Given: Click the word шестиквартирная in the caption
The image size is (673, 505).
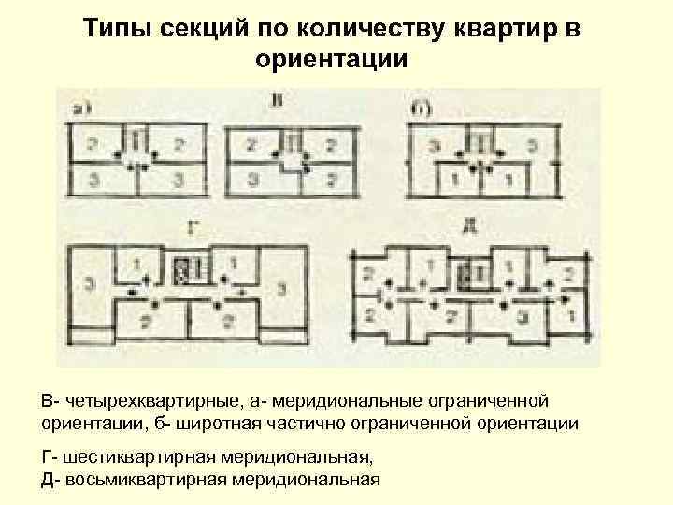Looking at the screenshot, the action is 139,458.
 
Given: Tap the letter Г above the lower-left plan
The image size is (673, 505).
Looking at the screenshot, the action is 193,226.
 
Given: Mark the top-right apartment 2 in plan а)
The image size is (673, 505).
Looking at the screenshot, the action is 179,145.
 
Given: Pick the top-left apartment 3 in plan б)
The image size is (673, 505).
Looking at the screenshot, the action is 434,146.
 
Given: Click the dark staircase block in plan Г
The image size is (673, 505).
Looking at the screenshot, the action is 183,272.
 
